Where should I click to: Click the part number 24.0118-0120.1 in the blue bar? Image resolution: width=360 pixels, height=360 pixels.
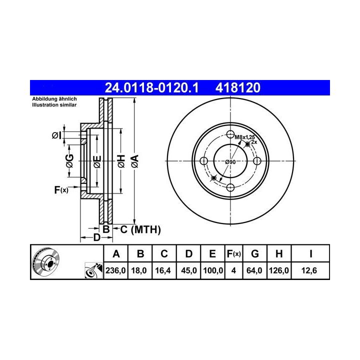point(151,87)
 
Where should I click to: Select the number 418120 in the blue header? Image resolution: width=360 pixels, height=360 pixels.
point(238,87)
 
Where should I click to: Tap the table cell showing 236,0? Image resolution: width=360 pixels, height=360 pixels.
point(115,270)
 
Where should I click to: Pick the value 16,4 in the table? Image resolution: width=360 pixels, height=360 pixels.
point(163,270)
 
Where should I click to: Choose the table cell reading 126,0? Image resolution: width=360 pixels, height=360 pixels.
point(279,270)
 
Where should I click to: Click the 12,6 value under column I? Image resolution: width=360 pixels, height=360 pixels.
point(309,270)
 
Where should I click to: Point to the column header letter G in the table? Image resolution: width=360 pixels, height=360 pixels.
point(255,254)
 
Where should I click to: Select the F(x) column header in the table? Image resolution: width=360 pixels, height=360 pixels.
point(233,254)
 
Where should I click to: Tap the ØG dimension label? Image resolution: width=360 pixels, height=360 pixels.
point(69,161)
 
